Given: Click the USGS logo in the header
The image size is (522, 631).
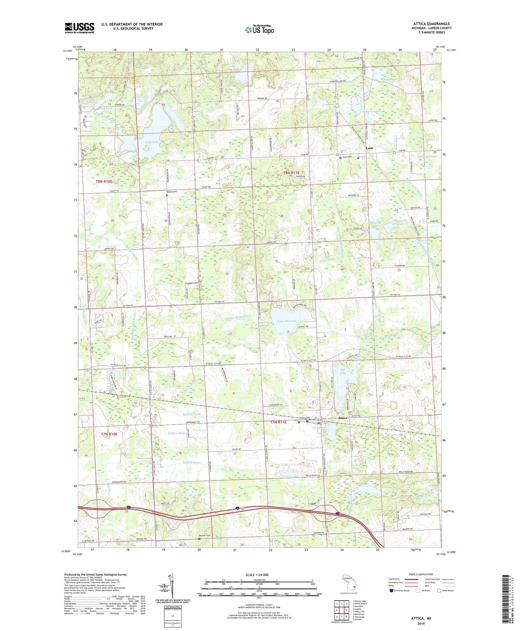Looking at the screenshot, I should tap(79, 28).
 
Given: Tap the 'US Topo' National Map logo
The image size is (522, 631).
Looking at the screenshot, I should tap(259, 30).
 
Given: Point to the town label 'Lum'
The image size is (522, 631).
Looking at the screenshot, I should tap(369, 148).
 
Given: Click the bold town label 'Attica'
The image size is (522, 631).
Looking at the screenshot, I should tap(342, 418).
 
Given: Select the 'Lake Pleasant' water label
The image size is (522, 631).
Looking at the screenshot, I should tap(287, 321).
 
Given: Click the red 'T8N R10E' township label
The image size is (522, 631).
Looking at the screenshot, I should tap(104, 181).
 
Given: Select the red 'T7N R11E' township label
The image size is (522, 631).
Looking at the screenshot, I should tap(279, 422).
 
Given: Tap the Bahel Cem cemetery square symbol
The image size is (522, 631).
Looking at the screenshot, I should tap(167, 195).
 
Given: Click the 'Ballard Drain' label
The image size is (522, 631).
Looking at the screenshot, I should tap(191, 463).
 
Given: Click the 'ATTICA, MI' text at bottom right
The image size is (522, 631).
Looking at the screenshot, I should tap(421, 618).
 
